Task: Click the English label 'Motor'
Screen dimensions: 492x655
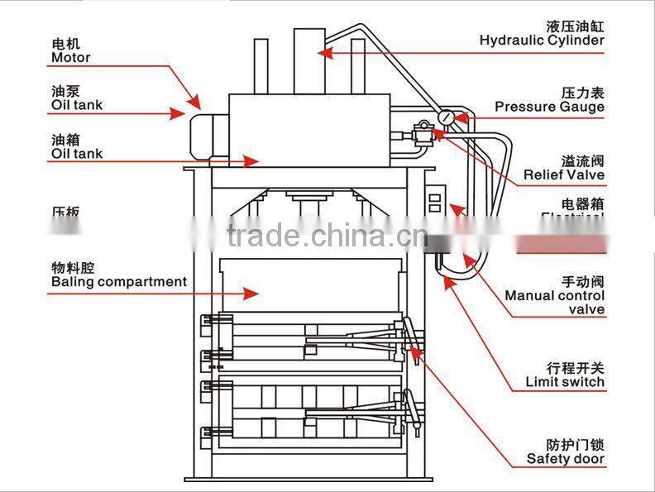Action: tap(70, 58)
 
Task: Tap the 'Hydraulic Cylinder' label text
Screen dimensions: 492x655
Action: tap(542, 40)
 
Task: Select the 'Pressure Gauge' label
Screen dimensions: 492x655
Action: tap(549, 106)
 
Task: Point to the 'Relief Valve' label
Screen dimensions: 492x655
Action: tap(563, 174)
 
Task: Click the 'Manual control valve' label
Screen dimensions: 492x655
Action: tap(554, 302)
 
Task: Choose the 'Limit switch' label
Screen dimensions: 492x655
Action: tap(565, 382)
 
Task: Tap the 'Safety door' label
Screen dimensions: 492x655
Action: tap(566, 458)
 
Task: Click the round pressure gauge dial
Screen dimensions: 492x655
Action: tap(447, 118)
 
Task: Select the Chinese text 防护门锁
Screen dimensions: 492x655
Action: tap(576, 444)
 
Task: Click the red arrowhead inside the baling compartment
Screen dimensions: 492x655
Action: tap(253, 292)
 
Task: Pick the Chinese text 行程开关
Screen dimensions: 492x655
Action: tap(576, 368)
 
